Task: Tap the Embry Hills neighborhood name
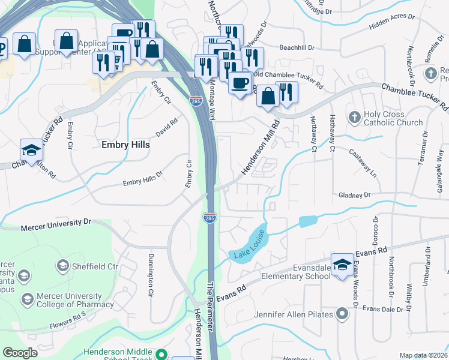click(125, 145)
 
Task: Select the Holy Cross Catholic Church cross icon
click(355, 116)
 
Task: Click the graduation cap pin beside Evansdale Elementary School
click(342, 264)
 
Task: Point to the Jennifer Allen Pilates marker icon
click(342, 314)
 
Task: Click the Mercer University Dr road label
click(55, 224)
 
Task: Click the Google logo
click(20, 353)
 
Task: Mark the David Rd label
click(167, 128)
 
